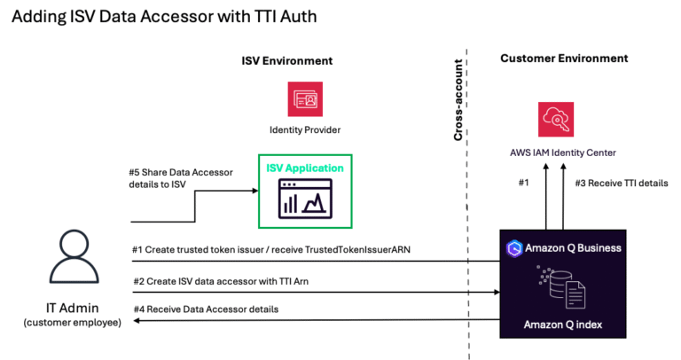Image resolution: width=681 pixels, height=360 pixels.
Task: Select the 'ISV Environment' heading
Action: pyautogui.click(x=287, y=61)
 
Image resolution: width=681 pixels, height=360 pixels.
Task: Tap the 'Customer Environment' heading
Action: pyautogui.click(x=564, y=59)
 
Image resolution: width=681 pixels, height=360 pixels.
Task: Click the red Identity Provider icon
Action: pyautogui.click(x=305, y=99)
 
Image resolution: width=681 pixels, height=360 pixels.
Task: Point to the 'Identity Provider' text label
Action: pyautogui.click(x=305, y=129)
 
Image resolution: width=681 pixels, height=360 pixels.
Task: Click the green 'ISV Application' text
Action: pyautogui.click(x=305, y=167)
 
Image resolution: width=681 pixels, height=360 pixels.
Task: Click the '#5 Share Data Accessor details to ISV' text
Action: pyautogui.click(x=181, y=178)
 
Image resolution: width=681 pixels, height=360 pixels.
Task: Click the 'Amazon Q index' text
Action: pyautogui.click(x=564, y=324)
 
